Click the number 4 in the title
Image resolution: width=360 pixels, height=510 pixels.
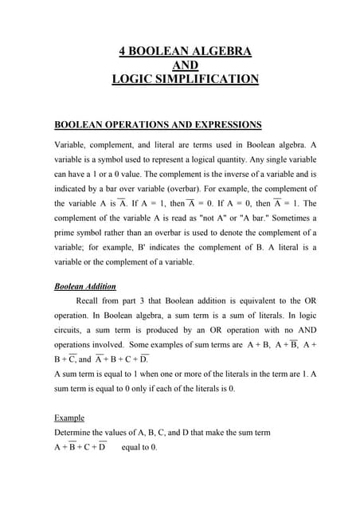point(122,52)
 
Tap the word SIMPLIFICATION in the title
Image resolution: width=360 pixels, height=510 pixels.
point(207,79)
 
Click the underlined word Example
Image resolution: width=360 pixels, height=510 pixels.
point(68,418)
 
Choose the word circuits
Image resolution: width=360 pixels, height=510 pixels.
point(68,331)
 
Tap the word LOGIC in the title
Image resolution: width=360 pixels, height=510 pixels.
point(133,79)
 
